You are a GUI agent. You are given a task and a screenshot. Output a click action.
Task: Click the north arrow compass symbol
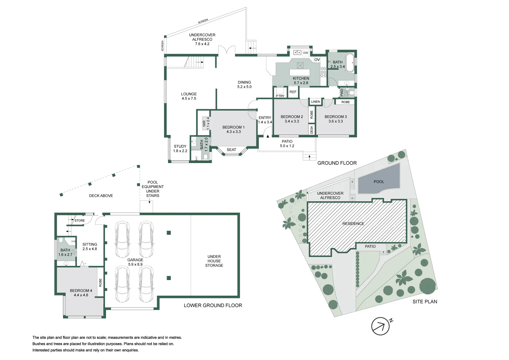381,326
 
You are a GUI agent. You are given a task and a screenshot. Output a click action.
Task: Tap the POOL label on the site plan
379,182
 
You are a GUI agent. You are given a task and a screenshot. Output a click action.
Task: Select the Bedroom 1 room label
233,127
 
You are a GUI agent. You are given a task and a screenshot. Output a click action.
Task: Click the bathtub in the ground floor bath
350,62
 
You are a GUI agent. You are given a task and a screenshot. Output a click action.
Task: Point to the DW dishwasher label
305,53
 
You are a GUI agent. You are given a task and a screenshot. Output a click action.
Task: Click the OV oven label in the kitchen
317,60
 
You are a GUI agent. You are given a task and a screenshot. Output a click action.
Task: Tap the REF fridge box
293,92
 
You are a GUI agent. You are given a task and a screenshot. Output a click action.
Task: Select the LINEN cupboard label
315,102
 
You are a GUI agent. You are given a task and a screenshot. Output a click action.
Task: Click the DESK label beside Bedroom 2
312,129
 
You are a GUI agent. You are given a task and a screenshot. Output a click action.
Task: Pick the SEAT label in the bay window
231,150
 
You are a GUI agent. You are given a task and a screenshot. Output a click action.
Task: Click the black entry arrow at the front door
267,136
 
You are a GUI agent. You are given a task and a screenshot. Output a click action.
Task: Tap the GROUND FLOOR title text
337,163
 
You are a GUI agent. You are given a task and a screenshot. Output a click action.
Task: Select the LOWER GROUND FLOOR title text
213,305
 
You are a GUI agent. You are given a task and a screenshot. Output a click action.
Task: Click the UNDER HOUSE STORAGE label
214,261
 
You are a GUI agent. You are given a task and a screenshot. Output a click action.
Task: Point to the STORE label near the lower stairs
80,221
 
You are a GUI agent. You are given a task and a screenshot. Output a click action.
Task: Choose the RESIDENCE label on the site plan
353,224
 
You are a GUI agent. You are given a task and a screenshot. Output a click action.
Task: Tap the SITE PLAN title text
425,302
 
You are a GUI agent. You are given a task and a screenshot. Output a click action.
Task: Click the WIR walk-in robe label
204,124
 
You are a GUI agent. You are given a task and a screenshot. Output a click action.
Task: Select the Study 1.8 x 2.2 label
180,149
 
